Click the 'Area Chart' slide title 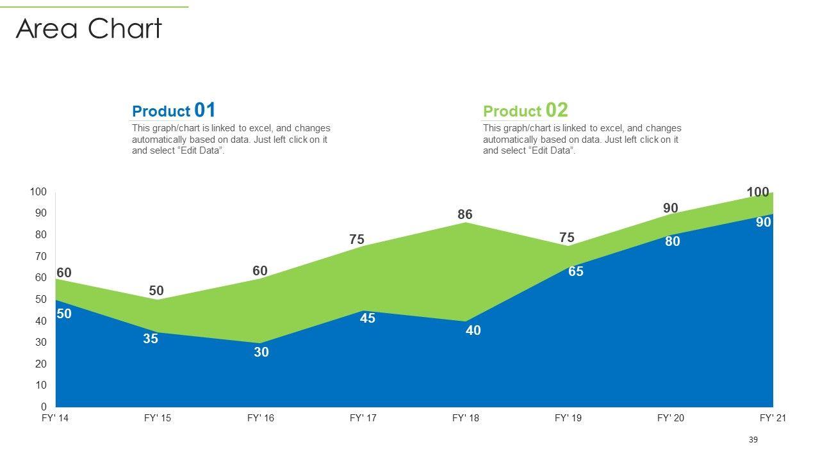pos(89,29)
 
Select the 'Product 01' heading pos(174,110)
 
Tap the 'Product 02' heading pos(525,110)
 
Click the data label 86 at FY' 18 pos(465,214)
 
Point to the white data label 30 pos(261,352)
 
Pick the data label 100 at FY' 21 pos(758,192)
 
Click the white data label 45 pos(368,318)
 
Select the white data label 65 pos(576,271)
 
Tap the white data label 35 pos(151,339)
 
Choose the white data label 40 pos(473,330)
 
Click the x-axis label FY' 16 pos(260,418)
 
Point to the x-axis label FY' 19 pos(568,418)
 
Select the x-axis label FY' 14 pos(55,418)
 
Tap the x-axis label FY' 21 pos(773,418)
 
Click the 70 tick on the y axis pos(40,256)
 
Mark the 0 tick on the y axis pos(44,407)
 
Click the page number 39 pos(753,440)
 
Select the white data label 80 pos(672,241)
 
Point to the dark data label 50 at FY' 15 pos(156,291)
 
